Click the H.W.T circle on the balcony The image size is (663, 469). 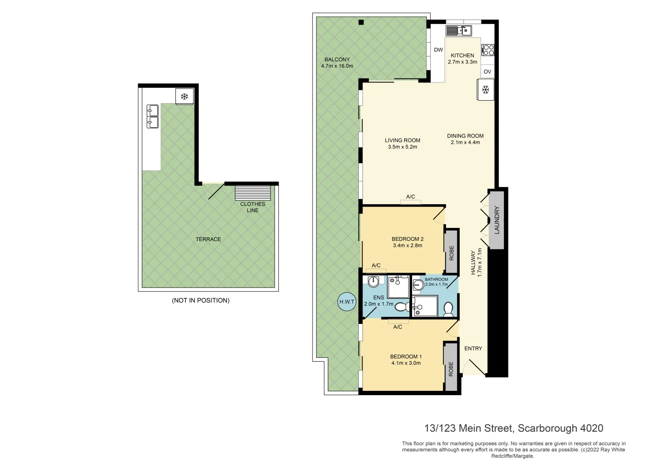coord(346,302)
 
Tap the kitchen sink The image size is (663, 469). coord(458,30)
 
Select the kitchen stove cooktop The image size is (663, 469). coord(488,50)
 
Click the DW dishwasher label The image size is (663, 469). coord(439,50)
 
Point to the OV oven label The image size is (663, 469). coord(487,72)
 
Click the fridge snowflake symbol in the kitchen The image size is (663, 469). coord(486,90)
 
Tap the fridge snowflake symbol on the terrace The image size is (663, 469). coord(185,96)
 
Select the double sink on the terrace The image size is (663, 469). coord(152,116)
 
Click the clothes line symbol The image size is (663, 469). coord(253,193)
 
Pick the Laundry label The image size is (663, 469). coord(497,220)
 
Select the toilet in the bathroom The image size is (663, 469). coord(449,308)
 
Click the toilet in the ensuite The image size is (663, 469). coord(401,307)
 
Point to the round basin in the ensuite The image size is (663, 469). coord(373,282)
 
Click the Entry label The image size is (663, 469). coord(473,348)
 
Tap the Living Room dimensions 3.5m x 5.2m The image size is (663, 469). coord(402,147)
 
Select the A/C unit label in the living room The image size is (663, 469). coord(410,197)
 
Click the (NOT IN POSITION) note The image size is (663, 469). coord(201,301)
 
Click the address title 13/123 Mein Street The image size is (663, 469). coord(513,428)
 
